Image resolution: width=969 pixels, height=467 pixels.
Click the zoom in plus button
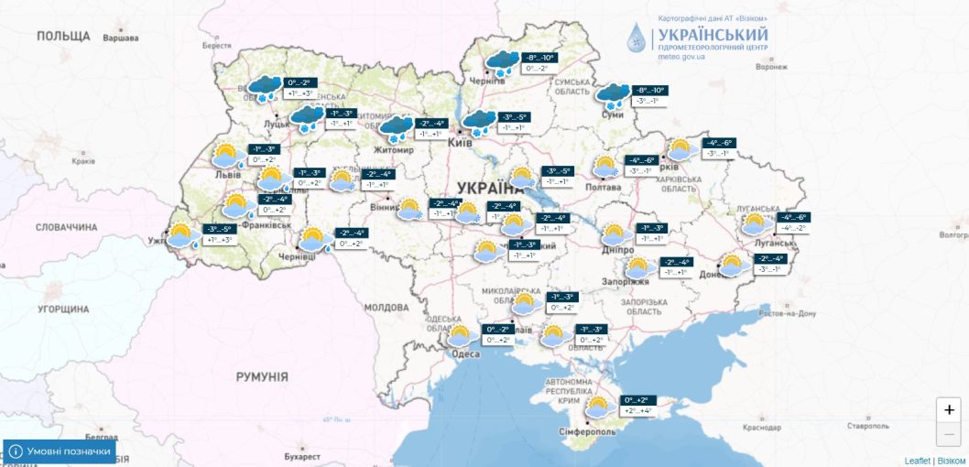click(x=949, y=409)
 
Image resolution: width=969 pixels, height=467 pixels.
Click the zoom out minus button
click(x=949, y=434)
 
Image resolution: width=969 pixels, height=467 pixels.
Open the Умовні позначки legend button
click(x=60, y=451)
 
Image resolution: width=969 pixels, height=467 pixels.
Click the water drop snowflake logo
click(x=635, y=38)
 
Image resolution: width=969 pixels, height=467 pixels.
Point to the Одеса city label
click(x=464, y=353)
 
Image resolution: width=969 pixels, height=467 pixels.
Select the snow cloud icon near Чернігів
click(x=502, y=63)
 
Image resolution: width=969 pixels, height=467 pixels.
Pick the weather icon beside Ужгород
click(x=183, y=235)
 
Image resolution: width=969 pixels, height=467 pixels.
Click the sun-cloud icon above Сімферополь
click(x=600, y=407)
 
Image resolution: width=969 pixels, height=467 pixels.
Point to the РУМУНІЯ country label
click(x=262, y=376)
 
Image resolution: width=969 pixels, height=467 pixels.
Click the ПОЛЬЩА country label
click(x=63, y=36)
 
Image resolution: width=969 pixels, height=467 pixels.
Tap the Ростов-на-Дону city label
click(x=782, y=313)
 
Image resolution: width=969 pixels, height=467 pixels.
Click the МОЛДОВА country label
click(x=385, y=308)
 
